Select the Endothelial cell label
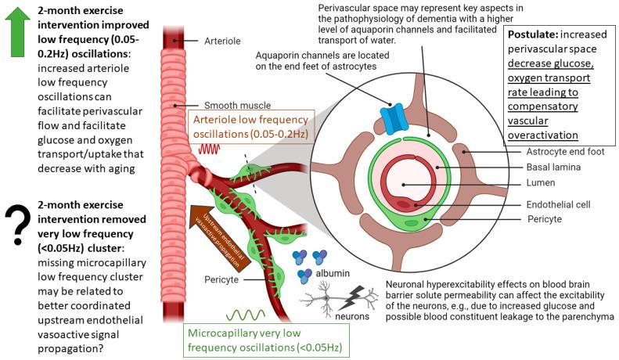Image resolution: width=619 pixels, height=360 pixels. coord(558,204)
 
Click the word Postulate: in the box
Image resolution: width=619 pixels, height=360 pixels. coord(534,36)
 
